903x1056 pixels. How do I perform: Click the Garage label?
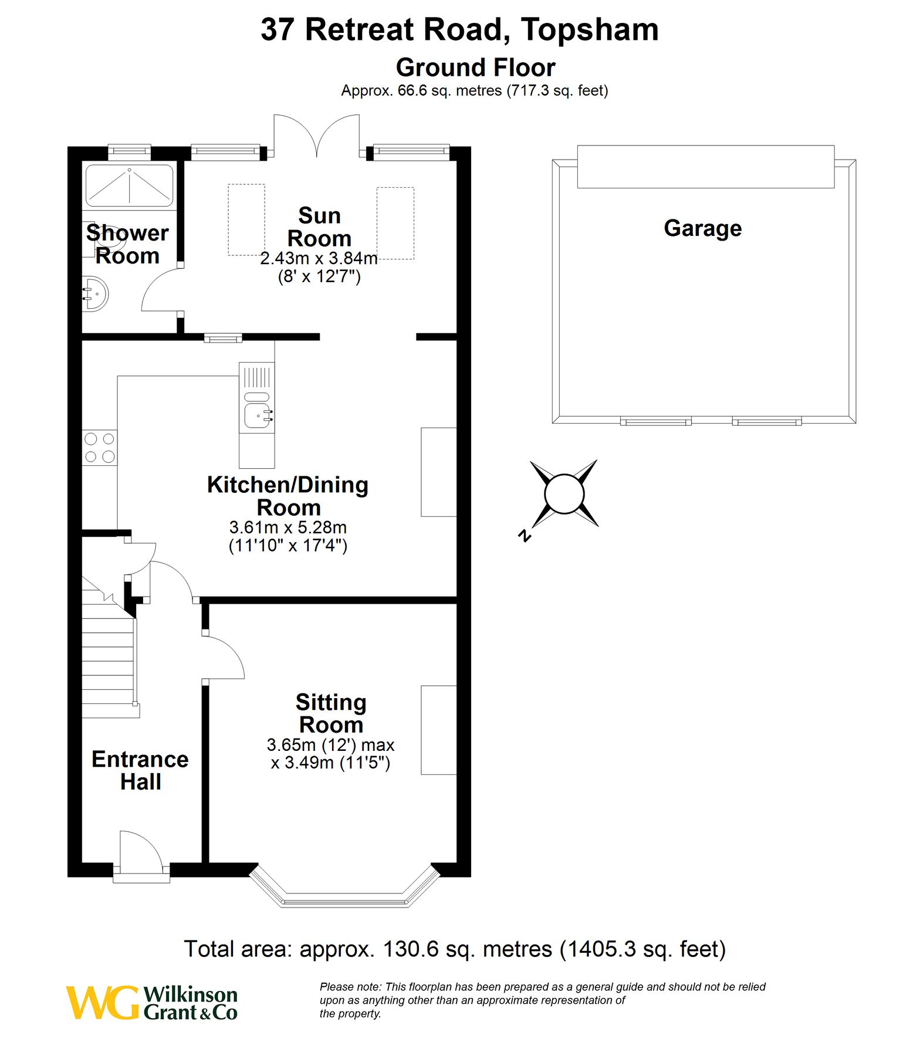click(x=702, y=228)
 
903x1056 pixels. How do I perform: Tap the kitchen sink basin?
click(x=258, y=415)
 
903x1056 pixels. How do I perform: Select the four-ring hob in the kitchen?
click(x=100, y=448)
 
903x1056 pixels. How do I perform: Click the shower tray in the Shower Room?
click(x=129, y=185)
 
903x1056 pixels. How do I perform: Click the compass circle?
click(x=564, y=493)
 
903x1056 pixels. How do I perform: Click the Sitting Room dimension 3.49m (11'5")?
click(x=330, y=763)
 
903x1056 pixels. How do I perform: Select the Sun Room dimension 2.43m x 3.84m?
click(x=319, y=258)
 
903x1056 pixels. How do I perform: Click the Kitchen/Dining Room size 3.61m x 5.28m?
click(x=288, y=527)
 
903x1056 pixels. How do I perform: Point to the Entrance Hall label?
click(x=140, y=770)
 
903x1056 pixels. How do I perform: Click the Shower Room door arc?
click(x=158, y=290)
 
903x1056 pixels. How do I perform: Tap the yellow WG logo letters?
click(x=102, y=1003)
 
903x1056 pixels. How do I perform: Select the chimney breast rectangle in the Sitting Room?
click(x=438, y=730)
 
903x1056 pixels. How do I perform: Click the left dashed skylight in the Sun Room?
click(x=246, y=220)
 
